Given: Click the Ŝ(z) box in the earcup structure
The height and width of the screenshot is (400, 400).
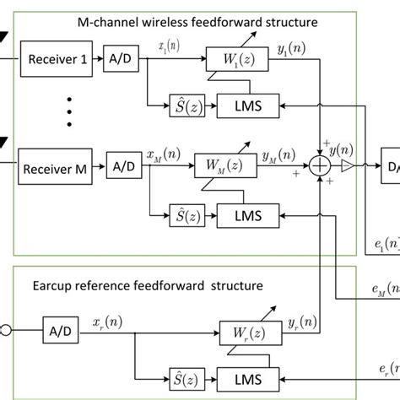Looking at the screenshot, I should [x=182, y=373].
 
